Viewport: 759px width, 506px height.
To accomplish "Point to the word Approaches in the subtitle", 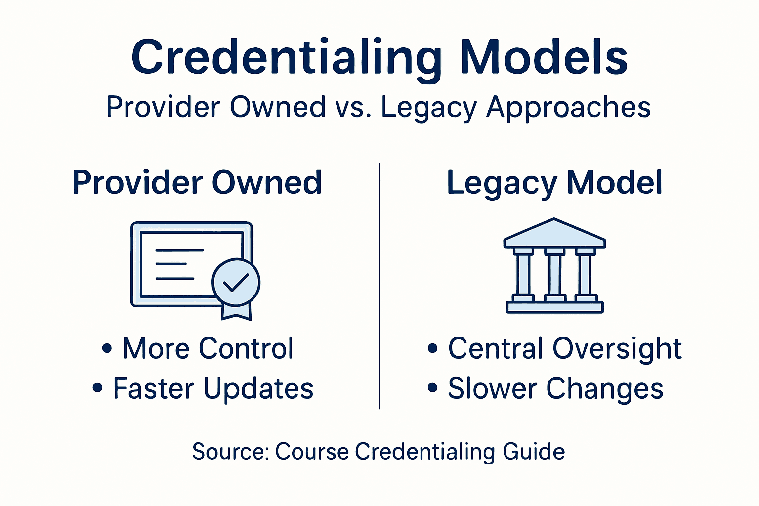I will click(x=568, y=108).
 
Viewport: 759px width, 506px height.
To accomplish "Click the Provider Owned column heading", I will click(x=197, y=182).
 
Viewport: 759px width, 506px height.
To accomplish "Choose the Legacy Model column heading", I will click(x=554, y=183).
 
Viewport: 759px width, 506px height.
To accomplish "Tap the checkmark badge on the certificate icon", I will click(x=236, y=282).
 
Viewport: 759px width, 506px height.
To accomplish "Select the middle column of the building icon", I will click(x=554, y=274).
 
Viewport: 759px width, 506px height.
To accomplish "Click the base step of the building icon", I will click(x=554, y=307).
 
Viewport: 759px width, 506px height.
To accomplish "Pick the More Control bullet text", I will click(x=208, y=348).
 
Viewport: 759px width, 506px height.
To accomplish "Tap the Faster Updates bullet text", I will click(x=213, y=388).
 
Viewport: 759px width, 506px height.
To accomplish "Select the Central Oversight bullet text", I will click(x=565, y=348).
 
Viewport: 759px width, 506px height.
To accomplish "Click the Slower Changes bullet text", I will click(x=555, y=388).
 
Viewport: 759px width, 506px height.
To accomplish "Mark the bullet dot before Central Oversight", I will click(x=433, y=348).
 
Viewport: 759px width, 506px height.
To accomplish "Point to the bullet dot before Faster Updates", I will click(x=98, y=388).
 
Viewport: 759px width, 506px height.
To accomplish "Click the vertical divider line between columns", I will click(x=379, y=287).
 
